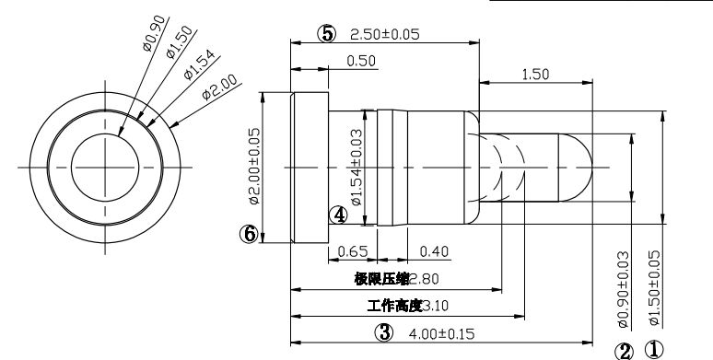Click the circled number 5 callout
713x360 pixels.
326,34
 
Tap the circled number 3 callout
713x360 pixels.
384,332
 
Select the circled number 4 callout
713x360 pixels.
338,215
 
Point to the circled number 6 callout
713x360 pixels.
249,234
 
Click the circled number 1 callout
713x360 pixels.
654,350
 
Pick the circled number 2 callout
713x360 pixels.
624,352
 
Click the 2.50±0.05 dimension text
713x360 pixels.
385,34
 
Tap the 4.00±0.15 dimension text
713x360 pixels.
441,334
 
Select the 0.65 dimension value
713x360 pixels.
353,251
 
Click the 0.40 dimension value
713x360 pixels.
434,251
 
